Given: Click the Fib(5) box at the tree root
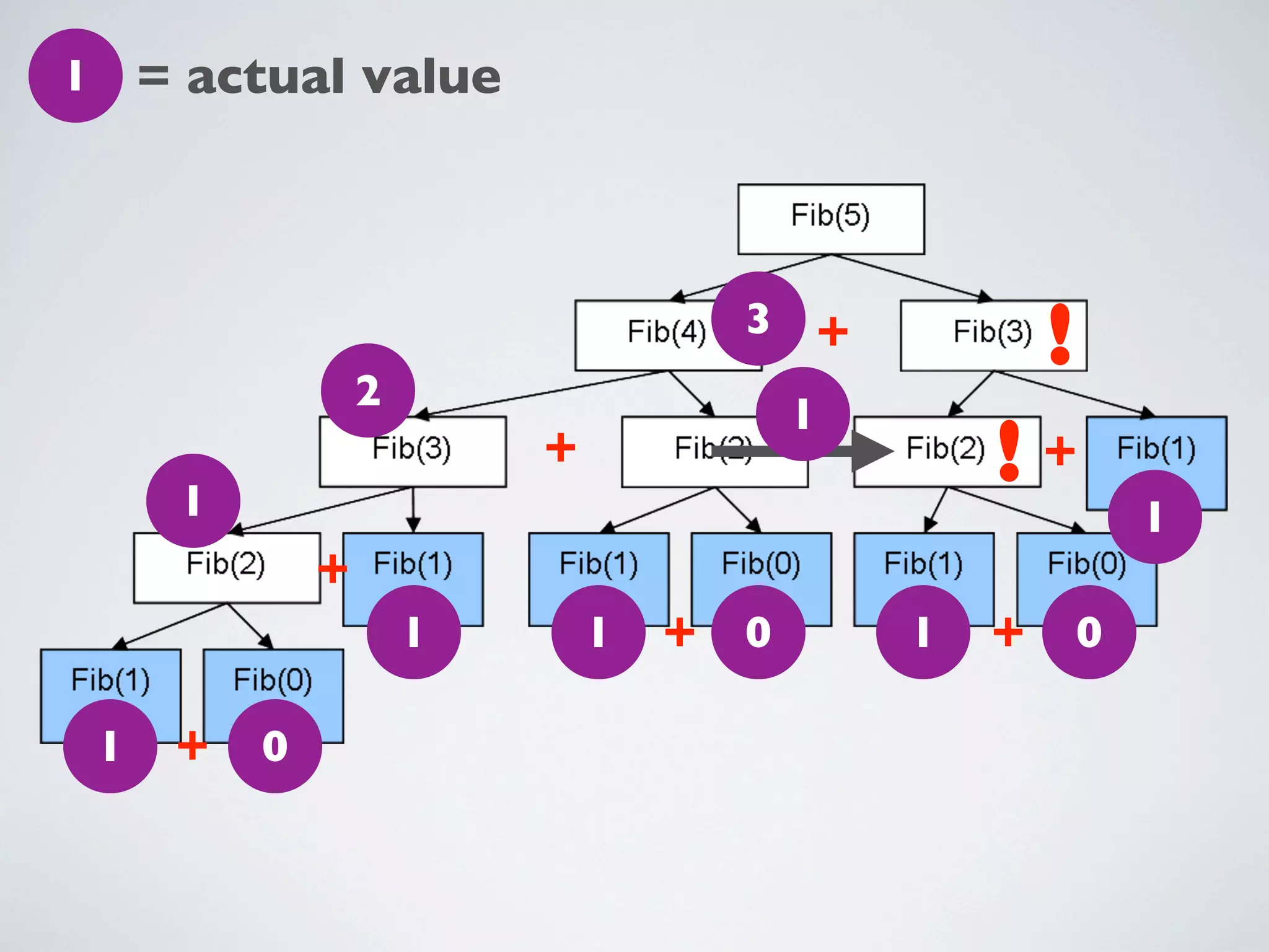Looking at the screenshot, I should [830, 218].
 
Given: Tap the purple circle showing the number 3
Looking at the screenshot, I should [758, 319].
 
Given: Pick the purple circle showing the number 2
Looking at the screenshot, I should [367, 390].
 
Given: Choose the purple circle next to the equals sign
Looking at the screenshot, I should [75, 76].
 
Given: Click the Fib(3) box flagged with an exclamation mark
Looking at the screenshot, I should [979, 336].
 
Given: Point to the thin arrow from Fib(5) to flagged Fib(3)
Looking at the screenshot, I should [911, 277].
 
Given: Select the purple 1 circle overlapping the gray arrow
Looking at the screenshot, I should [802, 413].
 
